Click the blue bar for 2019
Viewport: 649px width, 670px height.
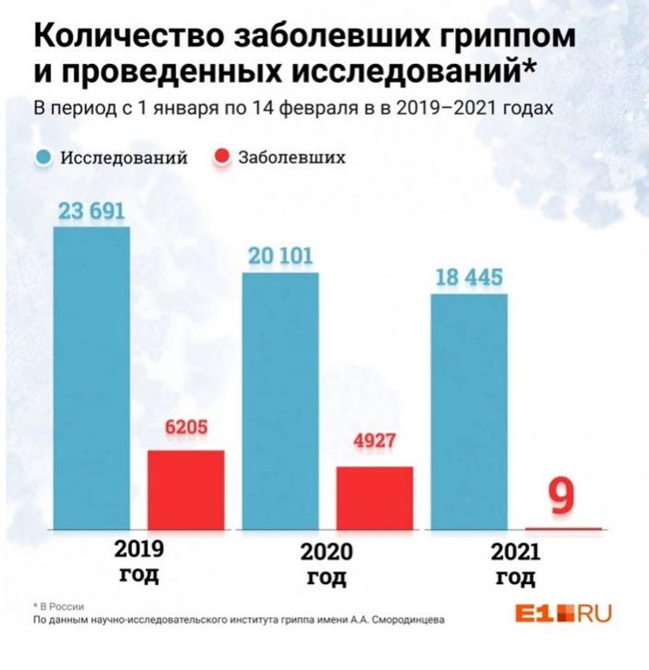click(x=92, y=378)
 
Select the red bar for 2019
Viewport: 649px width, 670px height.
click(x=186, y=489)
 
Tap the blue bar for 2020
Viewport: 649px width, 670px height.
click(x=281, y=401)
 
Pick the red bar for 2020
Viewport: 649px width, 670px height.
click(x=375, y=497)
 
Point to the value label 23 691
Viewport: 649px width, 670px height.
click(x=91, y=212)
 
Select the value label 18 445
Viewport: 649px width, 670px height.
click(x=469, y=278)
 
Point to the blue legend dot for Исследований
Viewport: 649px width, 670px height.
click(x=45, y=157)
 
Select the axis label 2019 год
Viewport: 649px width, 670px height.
click(x=139, y=562)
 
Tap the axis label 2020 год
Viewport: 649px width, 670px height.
click(x=327, y=565)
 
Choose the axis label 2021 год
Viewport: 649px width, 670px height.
click(x=515, y=565)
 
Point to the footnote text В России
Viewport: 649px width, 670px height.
click(x=62, y=605)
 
